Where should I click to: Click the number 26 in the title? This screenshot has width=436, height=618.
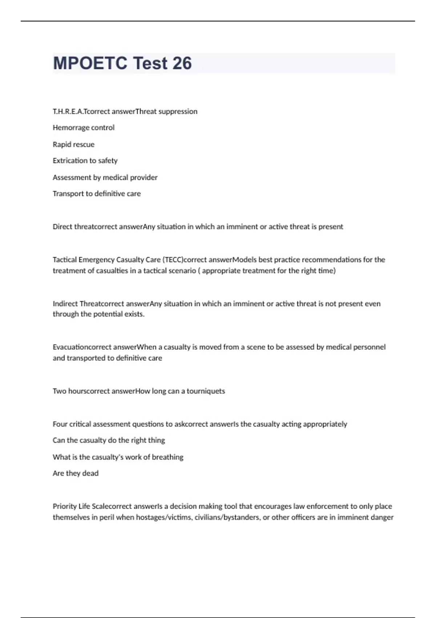(x=182, y=63)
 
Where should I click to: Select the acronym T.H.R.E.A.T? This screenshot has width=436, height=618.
(x=68, y=111)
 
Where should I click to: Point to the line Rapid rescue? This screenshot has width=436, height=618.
(x=73, y=144)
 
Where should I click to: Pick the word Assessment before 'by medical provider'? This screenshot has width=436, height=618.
(x=71, y=177)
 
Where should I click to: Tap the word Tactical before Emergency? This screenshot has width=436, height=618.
(x=65, y=260)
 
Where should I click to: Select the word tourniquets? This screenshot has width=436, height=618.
(x=206, y=391)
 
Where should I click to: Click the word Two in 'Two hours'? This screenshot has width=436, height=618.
(x=59, y=391)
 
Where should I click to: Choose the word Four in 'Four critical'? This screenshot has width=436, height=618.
(x=60, y=424)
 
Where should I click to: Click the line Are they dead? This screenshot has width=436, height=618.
(x=76, y=473)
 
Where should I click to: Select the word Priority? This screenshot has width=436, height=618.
(x=65, y=506)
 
